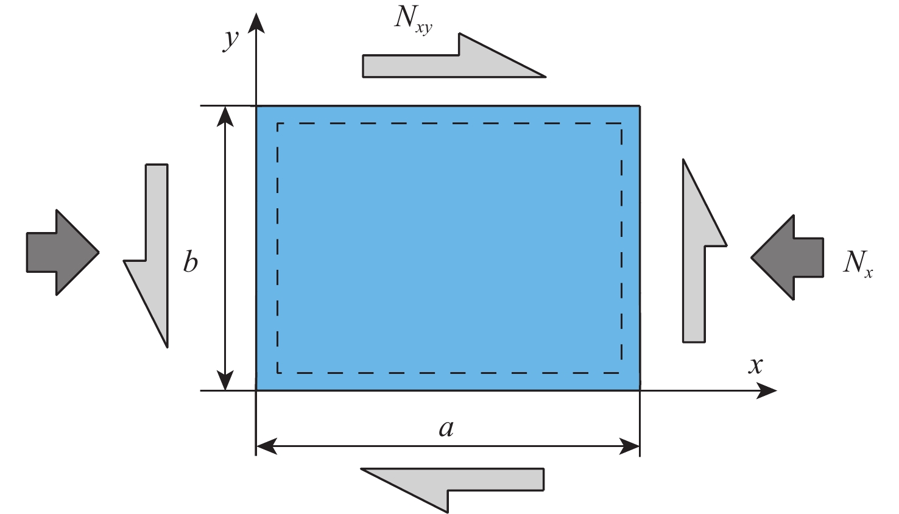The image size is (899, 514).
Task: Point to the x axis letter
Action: coord(755,365)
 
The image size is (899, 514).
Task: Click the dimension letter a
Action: coord(446,428)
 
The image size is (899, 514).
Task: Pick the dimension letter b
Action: coord(191,262)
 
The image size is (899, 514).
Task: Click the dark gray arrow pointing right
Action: coord(61,252)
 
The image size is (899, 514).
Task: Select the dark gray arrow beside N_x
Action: coord(788,257)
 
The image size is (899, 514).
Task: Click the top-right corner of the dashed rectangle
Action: coord(622,124)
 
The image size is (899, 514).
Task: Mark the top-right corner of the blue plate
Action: coord(640,106)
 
